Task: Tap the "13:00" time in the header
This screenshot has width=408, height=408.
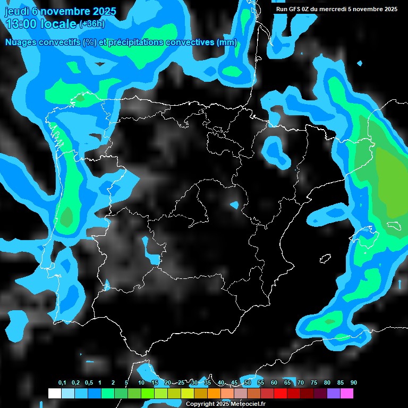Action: [x=20, y=24]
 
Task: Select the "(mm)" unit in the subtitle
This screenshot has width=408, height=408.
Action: [x=227, y=42]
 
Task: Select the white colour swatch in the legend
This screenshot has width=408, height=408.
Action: [x=54, y=394]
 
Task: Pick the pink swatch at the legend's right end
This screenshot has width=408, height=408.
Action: [x=347, y=394]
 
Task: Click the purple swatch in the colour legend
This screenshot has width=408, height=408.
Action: [x=334, y=394]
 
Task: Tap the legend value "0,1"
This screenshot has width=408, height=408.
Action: [x=62, y=383]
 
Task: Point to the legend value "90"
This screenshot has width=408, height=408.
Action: [x=353, y=383]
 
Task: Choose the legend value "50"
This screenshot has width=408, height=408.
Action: [x=248, y=383]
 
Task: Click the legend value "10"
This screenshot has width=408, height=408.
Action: [x=141, y=383]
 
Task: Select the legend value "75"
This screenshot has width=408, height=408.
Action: [x=314, y=383]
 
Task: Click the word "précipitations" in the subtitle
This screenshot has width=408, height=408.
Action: [x=136, y=42]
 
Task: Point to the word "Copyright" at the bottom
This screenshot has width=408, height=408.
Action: [x=200, y=404]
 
